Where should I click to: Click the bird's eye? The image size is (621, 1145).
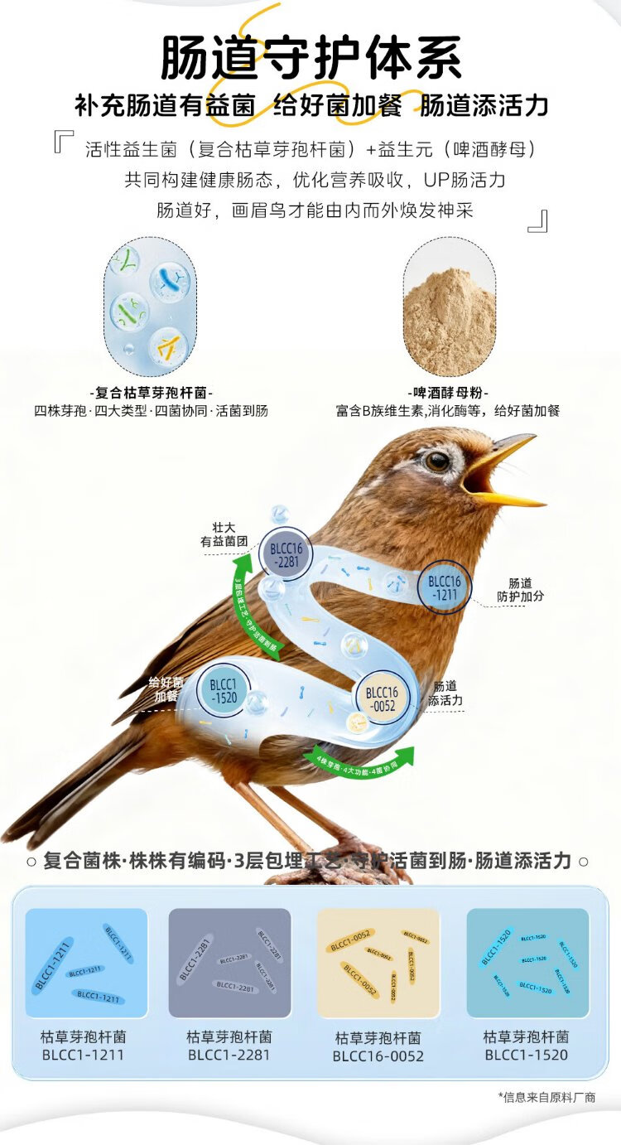coord(436,461)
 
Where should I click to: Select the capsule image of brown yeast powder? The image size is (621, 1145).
coord(449,307)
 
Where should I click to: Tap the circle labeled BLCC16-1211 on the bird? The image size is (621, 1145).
coord(444,587)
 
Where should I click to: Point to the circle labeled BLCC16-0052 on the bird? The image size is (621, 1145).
coord(381,698)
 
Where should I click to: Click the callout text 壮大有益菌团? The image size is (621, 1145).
coord(224,534)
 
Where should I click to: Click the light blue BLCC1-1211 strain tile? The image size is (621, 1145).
coord(86,963)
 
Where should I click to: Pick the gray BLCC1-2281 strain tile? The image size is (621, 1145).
coord(230,963)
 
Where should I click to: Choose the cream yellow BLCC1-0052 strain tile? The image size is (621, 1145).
coord(378,963)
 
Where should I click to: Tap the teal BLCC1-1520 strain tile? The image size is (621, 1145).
coord(527,963)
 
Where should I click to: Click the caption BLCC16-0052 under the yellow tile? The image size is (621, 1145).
coord(378,1056)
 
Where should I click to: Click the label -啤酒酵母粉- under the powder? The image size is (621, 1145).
coord(449,393)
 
